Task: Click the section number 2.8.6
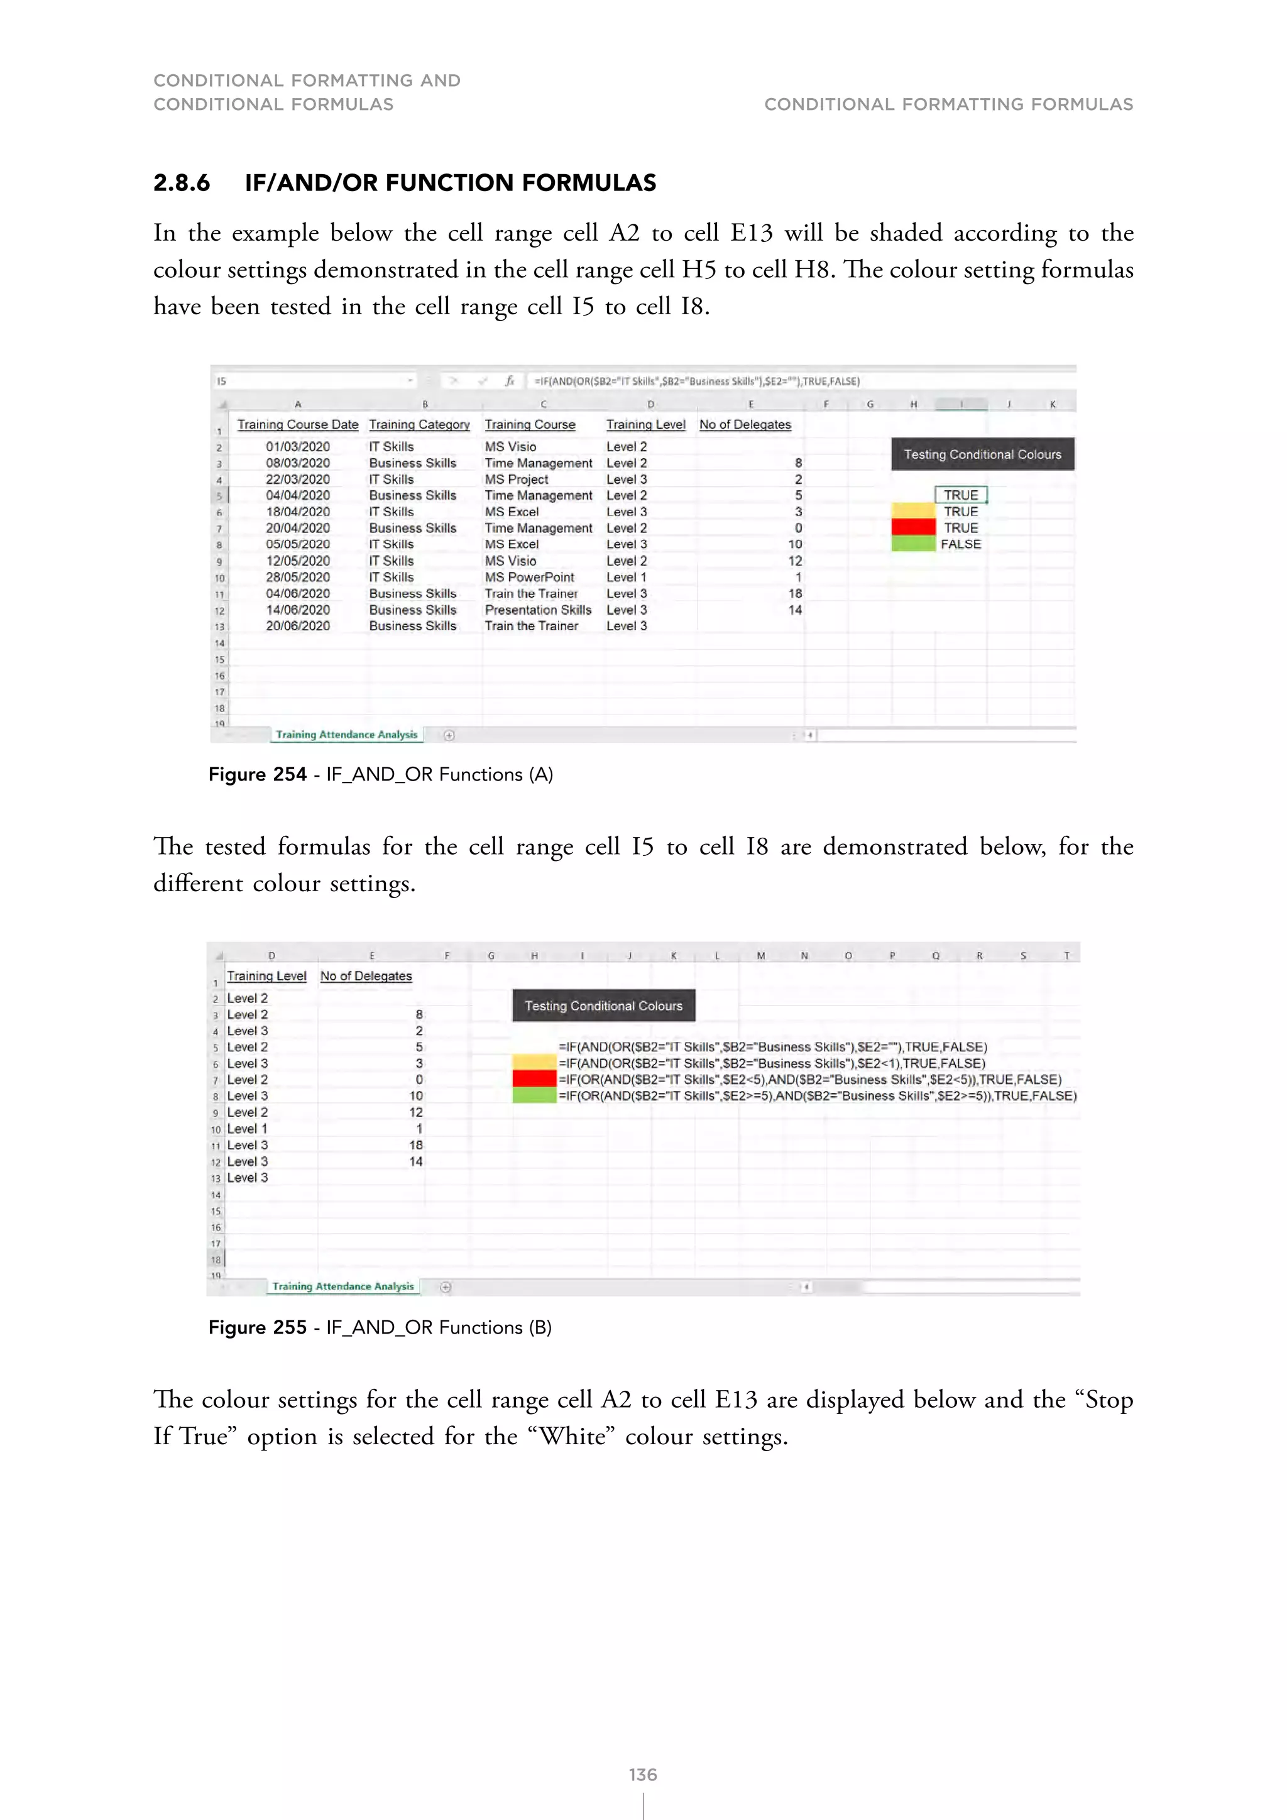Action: (182, 183)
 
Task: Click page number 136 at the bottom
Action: (643, 1775)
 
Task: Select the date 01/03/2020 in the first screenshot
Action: (297, 446)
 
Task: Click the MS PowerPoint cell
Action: (529, 577)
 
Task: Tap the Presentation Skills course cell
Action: (538, 610)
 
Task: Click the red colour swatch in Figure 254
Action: (913, 528)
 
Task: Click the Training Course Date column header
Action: (297, 425)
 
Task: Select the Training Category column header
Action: (419, 425)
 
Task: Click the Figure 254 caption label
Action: (258, 774)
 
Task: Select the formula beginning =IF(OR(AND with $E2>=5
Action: (817, 1096)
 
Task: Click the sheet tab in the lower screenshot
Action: (342, 1286)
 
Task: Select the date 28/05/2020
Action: (297, 577)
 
